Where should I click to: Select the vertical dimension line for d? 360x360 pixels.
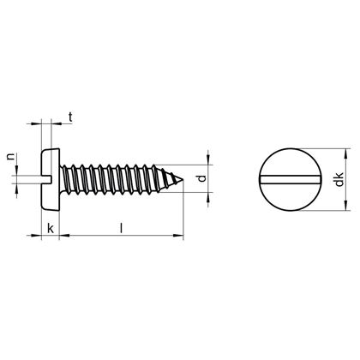(x=209, y=180)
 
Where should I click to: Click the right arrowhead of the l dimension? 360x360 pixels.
(x=180, y=235)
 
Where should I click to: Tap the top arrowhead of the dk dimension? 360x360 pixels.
(x=345, y=152)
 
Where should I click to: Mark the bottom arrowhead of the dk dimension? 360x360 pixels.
(x=345, y=208)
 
